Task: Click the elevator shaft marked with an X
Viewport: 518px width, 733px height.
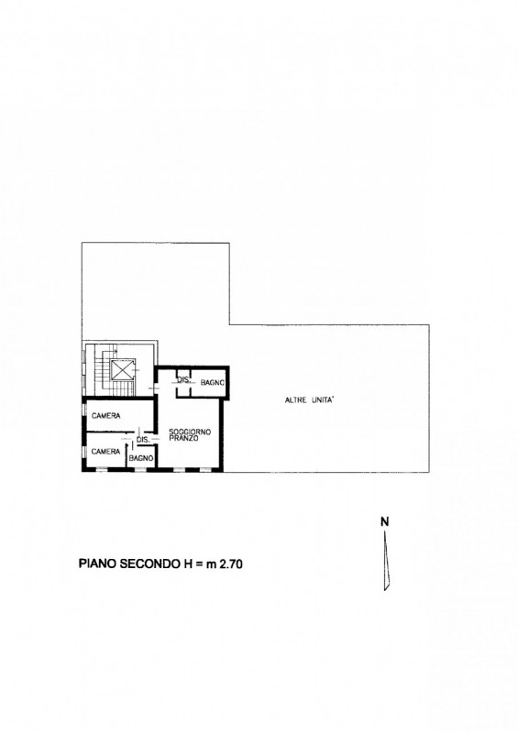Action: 123,371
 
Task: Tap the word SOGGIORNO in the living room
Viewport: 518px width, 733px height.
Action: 190,432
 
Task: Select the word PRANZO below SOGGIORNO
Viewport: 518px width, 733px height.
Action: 183,439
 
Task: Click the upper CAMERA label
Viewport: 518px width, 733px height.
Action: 105,416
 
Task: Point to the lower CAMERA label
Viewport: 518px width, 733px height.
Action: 105,452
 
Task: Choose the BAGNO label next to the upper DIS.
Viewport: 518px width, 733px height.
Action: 213,382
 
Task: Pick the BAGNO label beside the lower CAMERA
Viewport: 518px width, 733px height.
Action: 141,459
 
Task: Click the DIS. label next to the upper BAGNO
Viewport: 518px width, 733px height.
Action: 184,380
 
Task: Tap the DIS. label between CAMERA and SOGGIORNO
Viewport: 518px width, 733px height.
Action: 143,440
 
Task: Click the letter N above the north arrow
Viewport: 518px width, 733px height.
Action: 385,521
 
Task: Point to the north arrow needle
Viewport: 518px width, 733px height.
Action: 386,560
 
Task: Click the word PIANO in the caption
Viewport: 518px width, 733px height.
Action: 98,564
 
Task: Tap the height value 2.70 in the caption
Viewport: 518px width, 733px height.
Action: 231,564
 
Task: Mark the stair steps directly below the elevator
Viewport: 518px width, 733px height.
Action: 123,388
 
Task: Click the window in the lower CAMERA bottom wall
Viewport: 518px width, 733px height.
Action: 101,469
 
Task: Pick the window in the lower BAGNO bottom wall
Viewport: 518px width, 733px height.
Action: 140,469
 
